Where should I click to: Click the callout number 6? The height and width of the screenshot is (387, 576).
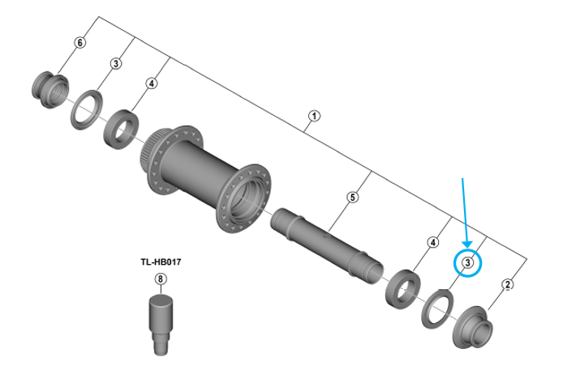pyautogui.click(x=80, y=42)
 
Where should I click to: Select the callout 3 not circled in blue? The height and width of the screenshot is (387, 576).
pyautogui.click(x=116, y=63)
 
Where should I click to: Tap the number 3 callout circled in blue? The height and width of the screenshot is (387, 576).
pyautogui.click(x=469, y=262)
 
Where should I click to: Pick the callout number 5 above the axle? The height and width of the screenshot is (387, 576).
pyautogui.click(x=352, y=197)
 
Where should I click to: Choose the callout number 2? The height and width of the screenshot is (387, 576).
pyautogui.click(x=507, y=284)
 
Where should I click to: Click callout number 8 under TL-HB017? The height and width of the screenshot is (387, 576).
pyautogui.click(x=160, y=279)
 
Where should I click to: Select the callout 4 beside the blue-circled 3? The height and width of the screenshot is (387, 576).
pyautogui.click(x=433, y=242)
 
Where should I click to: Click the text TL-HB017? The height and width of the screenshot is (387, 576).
pyautogui.click(x=160, y=262)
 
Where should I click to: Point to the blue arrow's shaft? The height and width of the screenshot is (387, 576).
pyautogui.click(x=465, y=206)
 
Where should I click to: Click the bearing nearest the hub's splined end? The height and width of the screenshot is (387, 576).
pyautogui.click(x=123, y=128)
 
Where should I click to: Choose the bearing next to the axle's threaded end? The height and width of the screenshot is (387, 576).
pyautogui.click(x=402, y=287)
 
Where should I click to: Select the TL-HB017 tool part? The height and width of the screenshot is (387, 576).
pyautogui.click(x=161, y=321)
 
